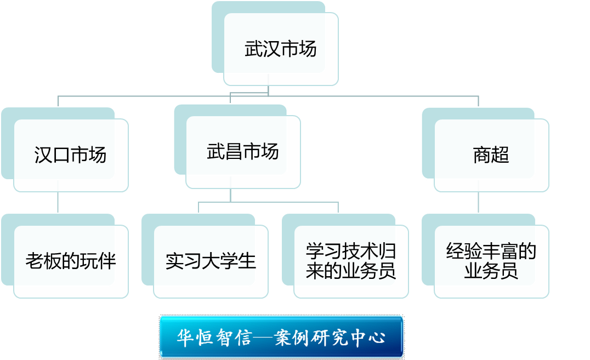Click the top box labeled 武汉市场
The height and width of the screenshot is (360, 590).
281,49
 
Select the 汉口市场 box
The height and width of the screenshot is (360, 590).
71,156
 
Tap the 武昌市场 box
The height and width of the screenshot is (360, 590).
243,152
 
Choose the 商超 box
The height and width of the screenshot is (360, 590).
491,156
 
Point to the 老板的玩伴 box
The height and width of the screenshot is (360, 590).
71,261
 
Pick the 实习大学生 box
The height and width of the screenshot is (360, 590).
211,261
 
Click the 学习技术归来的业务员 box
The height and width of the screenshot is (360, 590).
351,261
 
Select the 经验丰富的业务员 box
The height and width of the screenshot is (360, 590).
491,261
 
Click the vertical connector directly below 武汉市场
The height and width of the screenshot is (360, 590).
268,90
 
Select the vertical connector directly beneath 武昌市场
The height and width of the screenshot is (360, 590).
230,195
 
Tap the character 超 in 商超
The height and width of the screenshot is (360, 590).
500,156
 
